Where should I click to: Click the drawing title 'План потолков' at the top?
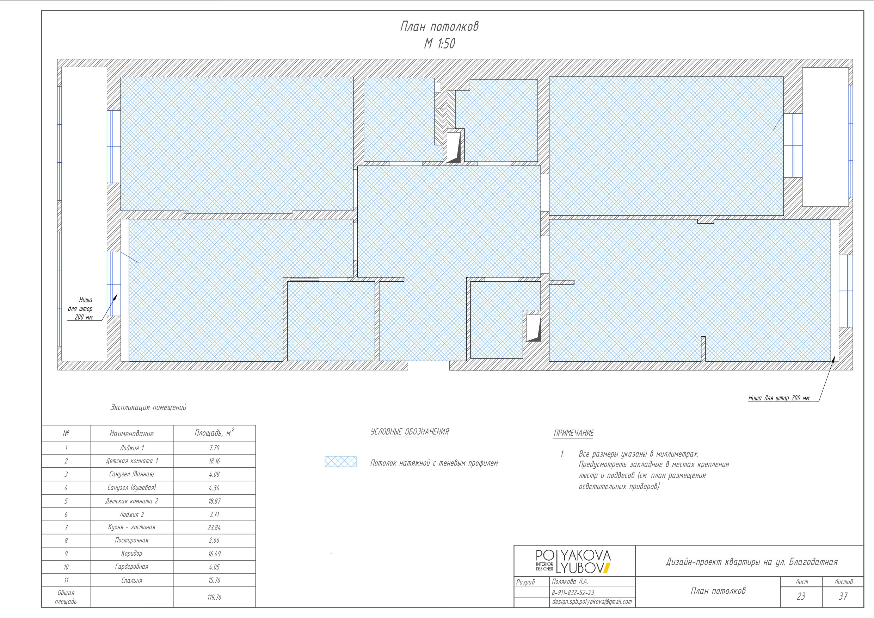click(x=439, y=27)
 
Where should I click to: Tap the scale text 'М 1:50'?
click(x=439, y=44)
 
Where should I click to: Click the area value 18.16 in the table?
click(x=214, y=461)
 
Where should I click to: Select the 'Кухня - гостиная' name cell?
click(x=132, y=528)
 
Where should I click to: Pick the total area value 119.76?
click(x=214, y=598)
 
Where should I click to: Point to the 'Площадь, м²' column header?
click(x=214, y=433)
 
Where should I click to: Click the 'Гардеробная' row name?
click(x=132, y=567)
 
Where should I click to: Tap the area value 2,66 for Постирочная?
click(x=214, y=541)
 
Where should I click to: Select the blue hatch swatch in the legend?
click(x=340, y=462)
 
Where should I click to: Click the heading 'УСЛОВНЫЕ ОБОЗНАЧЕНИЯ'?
click(x=410, y=432)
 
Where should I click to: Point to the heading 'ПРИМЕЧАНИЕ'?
click(x=573, y=433)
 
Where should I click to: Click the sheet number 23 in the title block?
click(x=801, y=596)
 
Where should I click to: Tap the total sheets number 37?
click(x=843, y=596)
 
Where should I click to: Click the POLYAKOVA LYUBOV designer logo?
click(x=573, y=561)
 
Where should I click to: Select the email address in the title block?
click(x=592, y=602)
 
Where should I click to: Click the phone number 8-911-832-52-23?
click(x=573, y=593)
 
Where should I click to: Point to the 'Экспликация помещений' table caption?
click(x=148, y=407)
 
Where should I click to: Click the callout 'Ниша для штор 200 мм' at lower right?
click(x=779, y=398)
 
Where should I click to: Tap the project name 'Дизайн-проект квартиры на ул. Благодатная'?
click(x=751, y=562)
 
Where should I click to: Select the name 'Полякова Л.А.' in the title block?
click(x=570, y=582)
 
